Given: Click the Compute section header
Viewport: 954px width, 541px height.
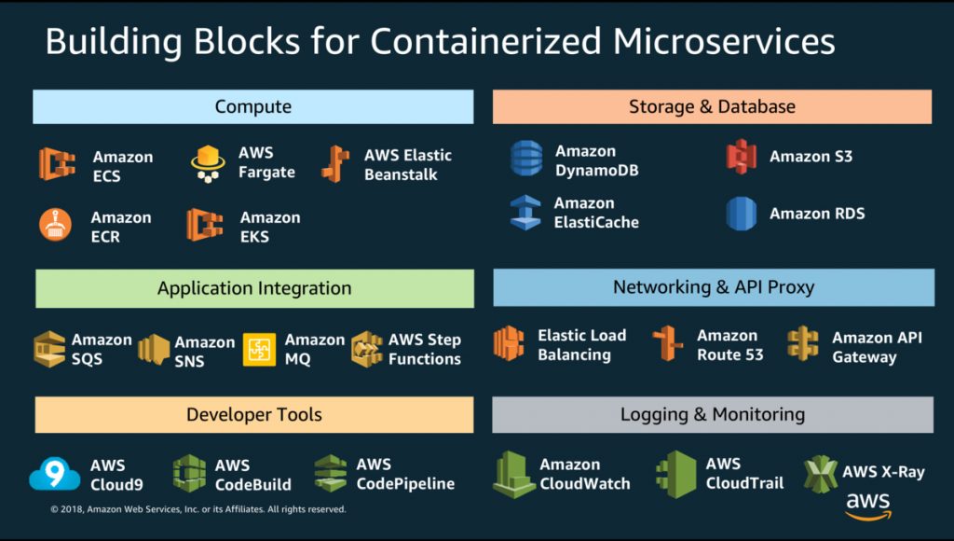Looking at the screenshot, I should (x=253, y=106).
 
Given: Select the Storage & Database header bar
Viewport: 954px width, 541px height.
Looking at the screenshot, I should (x=712, y=106).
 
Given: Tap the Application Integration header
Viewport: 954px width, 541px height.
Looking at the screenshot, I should (x=254, y=288).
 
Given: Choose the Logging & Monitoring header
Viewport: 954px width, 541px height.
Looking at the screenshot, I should (x=713, y=414).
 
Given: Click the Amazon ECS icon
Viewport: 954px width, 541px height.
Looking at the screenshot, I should (x=57, y=164).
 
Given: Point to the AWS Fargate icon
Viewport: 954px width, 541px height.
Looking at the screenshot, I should (x=208, y=163).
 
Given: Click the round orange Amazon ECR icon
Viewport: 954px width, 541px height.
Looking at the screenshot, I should (x=55, y=225).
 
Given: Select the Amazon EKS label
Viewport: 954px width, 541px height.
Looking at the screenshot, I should (x=270, y=227).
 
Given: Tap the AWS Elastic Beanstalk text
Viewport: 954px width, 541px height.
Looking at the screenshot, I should (x=408, y=165).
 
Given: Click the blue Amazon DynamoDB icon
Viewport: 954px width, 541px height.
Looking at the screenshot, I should (x=526, y=159).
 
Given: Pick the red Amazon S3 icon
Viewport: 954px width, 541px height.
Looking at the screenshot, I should (x=742, y=157).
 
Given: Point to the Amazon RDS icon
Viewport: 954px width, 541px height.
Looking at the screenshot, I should (x=742, y=214).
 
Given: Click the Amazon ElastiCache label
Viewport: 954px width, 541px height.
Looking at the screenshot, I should (x=597, y=213).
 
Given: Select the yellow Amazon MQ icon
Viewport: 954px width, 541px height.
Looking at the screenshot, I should (x=259, y=349).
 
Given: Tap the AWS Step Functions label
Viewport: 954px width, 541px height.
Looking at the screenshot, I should (x=425, y=349).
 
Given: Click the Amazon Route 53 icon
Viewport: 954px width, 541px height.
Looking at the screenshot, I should (x=668, y=344).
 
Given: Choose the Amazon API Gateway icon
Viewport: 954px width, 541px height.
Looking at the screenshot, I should (x=803, y=344).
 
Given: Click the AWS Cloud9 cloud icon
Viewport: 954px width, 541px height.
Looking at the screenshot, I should (x=54, y=475).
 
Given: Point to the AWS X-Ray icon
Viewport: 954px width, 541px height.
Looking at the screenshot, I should (x=820, y=473).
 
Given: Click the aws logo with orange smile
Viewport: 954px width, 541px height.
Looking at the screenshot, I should (x=868, y=505).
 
